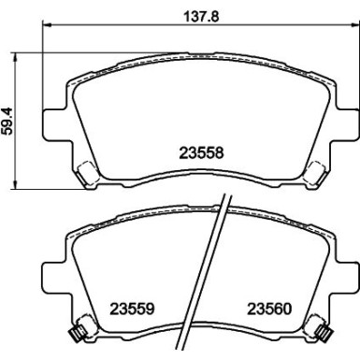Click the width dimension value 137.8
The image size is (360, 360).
click(x=180, y=14)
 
